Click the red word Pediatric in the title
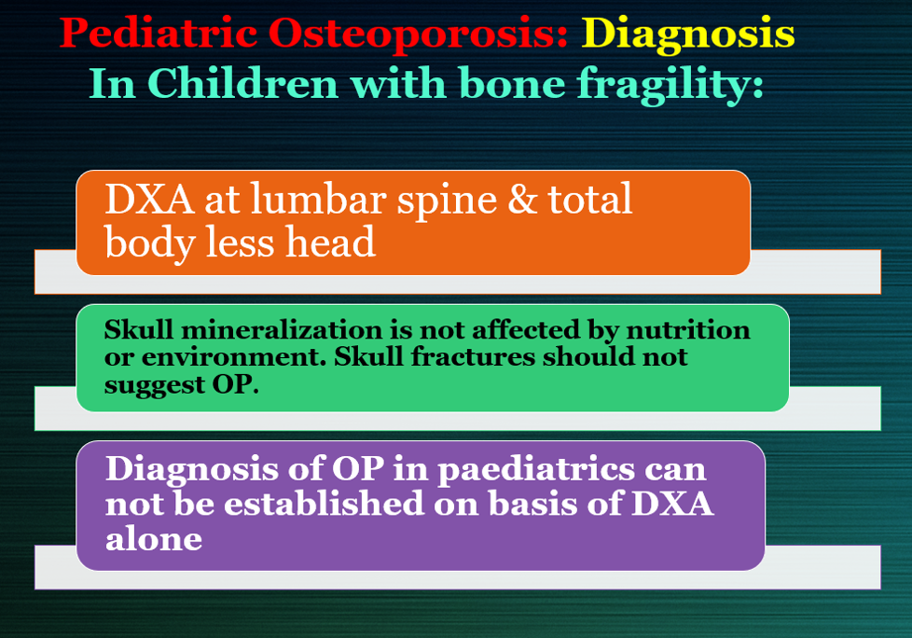click(x=159, y=33)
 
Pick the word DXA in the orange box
click(x=150, y=200)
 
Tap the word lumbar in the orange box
click(x=318, y=199)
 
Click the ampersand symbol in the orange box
click(x=521, y=200)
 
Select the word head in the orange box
click(x=330, y=242)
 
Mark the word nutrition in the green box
click(x=688, y=330)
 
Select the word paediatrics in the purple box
click(x=536, y=470)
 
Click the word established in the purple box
click(x=324, y=503)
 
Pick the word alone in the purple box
click(x=154, y=538)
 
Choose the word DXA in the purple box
click(x=672, y=504)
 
